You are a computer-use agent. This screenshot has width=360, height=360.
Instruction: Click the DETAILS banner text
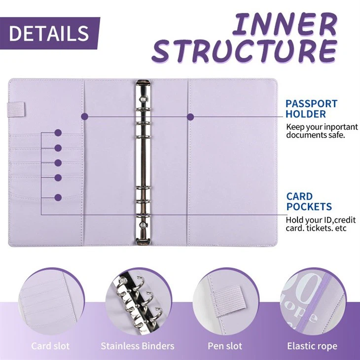pos(49,33)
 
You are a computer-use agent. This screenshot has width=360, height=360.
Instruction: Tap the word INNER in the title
pos(284,24)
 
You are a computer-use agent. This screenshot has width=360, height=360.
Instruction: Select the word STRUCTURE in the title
pos(244,51)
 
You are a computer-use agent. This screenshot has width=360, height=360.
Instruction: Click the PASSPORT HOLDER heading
pos(311,108)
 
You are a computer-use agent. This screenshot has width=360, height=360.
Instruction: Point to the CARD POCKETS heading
pos(309,201)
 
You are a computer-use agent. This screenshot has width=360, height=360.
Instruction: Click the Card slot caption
pos(50,346)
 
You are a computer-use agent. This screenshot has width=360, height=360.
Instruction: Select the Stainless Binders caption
pos(138,346)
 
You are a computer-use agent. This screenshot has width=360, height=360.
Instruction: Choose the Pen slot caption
pos(225,346)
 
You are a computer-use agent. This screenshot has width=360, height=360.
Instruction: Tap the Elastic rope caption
pos(312,346)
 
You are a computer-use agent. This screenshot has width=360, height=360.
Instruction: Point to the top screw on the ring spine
pos(144,100)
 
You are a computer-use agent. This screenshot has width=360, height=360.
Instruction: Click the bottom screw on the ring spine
pos(143,224)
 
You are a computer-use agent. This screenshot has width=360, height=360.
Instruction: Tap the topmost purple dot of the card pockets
pos(58,133)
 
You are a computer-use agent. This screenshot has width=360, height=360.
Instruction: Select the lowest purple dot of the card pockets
pos(58,197)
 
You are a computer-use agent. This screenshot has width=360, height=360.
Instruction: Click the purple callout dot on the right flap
pos(190,117)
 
